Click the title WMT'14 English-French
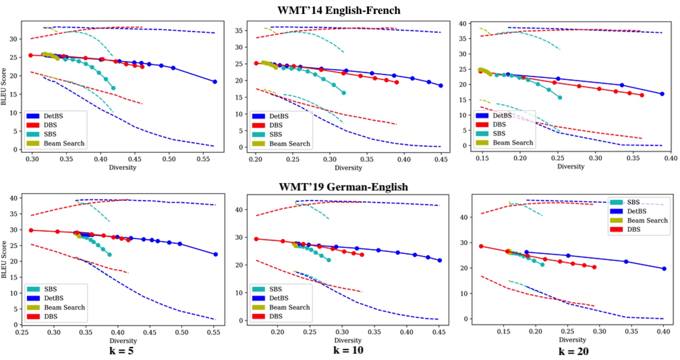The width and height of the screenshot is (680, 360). click(339, 10)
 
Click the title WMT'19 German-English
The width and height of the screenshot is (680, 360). click(343, 187)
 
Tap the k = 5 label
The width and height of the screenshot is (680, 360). click(121, 351)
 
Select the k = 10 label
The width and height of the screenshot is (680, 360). click(348, 350)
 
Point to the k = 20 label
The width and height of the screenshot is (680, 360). click(573, 351)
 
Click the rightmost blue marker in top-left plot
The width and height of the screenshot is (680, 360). click(215, 81)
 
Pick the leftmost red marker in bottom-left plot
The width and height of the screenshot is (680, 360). click(31, 230)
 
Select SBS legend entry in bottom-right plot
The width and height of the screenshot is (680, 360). click(633, 202)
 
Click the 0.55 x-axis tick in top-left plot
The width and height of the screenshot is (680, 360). click(203, 159)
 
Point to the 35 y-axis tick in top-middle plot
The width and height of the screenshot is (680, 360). click(239, 31)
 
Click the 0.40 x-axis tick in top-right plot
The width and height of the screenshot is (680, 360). click(671, 158)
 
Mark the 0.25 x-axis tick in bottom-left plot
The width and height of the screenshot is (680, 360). click(22, 332)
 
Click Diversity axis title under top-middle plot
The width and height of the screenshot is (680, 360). click(348, 168)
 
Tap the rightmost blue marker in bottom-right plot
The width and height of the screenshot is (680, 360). click(664, 269)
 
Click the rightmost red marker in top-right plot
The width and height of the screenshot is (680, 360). click(642, 95)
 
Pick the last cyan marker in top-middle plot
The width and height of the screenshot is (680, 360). click(344, 93)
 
